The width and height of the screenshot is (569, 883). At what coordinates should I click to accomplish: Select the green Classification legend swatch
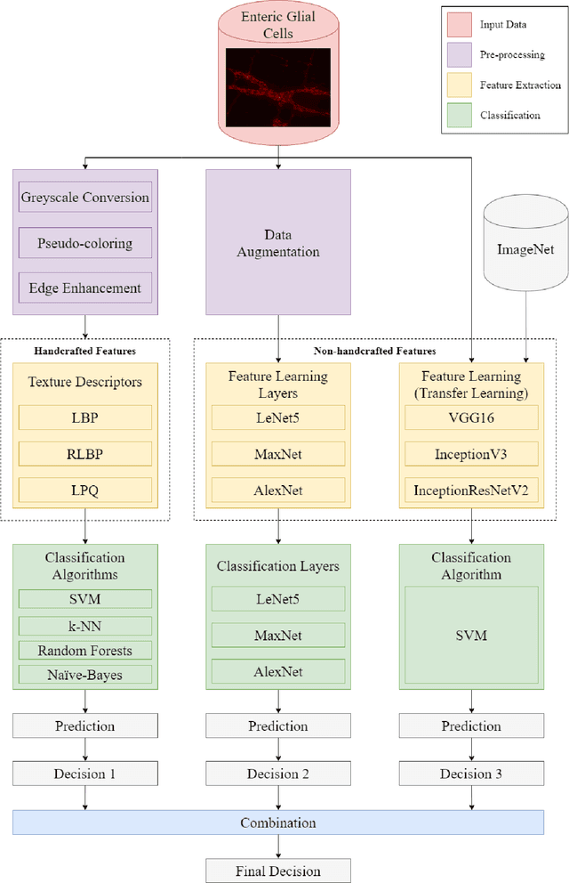[x=460, y=115]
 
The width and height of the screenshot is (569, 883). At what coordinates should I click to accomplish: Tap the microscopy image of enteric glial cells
[x=278, y=86]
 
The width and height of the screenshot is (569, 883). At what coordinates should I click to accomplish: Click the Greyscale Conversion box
[x=85, y=197]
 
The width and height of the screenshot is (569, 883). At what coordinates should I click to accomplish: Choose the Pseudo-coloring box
[x=85, y=243]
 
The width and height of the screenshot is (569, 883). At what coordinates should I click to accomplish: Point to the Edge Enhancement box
[x=85, y=288]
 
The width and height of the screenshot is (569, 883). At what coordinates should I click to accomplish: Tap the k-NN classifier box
[x=85, y=625]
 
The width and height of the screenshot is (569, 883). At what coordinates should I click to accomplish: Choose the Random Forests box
[x=85, y=650]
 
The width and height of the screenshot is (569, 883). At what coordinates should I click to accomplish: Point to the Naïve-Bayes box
[x=85, y=675]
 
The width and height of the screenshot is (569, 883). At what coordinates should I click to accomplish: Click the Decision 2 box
[x=278, y=773]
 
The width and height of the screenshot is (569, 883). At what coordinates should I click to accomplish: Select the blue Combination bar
[x=278, y=822]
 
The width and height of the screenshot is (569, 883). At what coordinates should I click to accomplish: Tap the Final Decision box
[x=278, y=871]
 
